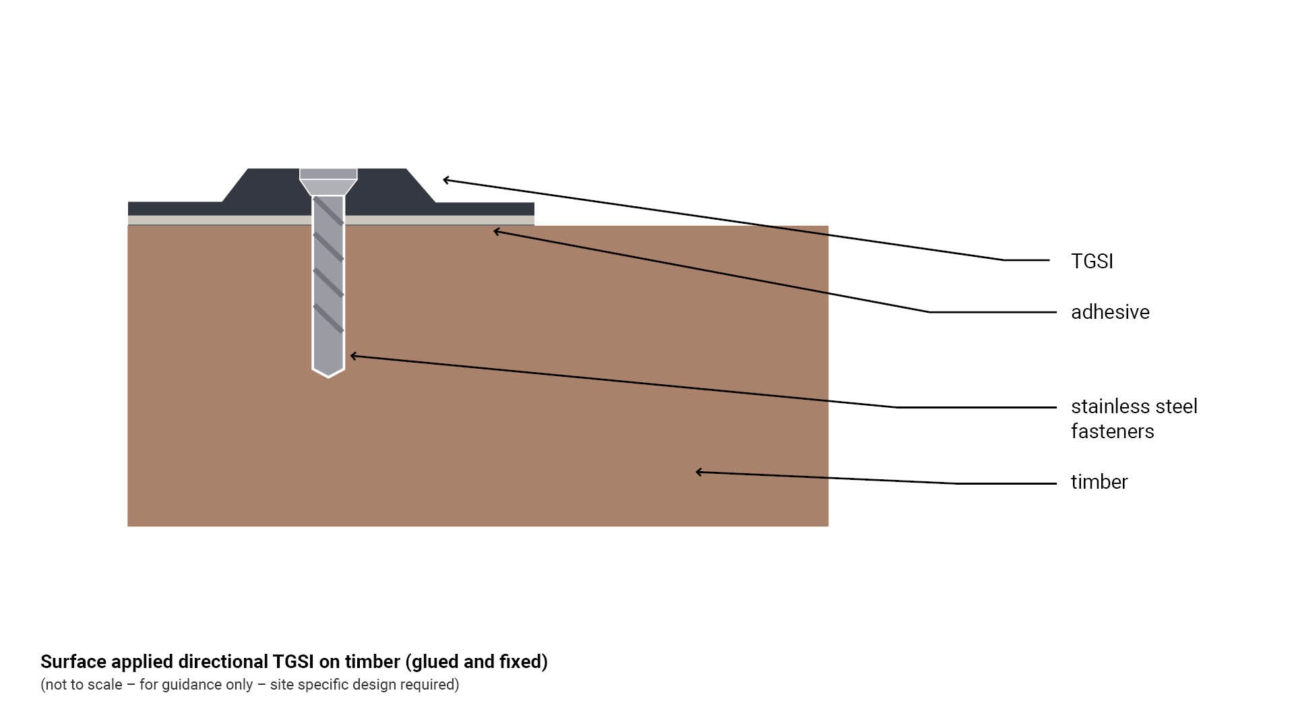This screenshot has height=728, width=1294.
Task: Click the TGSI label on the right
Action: point(1092,262)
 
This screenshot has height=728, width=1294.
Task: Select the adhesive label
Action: point(1110,312)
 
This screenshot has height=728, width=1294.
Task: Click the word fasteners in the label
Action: point(1112,431)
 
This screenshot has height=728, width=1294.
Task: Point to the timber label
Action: point(1099,482)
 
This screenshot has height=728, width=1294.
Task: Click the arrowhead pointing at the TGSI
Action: point(446,180)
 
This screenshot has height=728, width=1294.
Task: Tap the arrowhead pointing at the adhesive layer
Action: point(497,232)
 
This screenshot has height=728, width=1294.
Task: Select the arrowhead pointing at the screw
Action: point(354,356)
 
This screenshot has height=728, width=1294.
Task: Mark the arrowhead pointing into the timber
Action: point(700,472)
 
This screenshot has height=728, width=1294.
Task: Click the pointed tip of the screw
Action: point(328,374)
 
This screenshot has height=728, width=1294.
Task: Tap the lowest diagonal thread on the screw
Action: point(328,318)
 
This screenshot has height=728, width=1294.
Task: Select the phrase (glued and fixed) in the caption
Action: point(476,662)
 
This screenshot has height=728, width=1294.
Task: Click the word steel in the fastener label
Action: point(1175,406)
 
